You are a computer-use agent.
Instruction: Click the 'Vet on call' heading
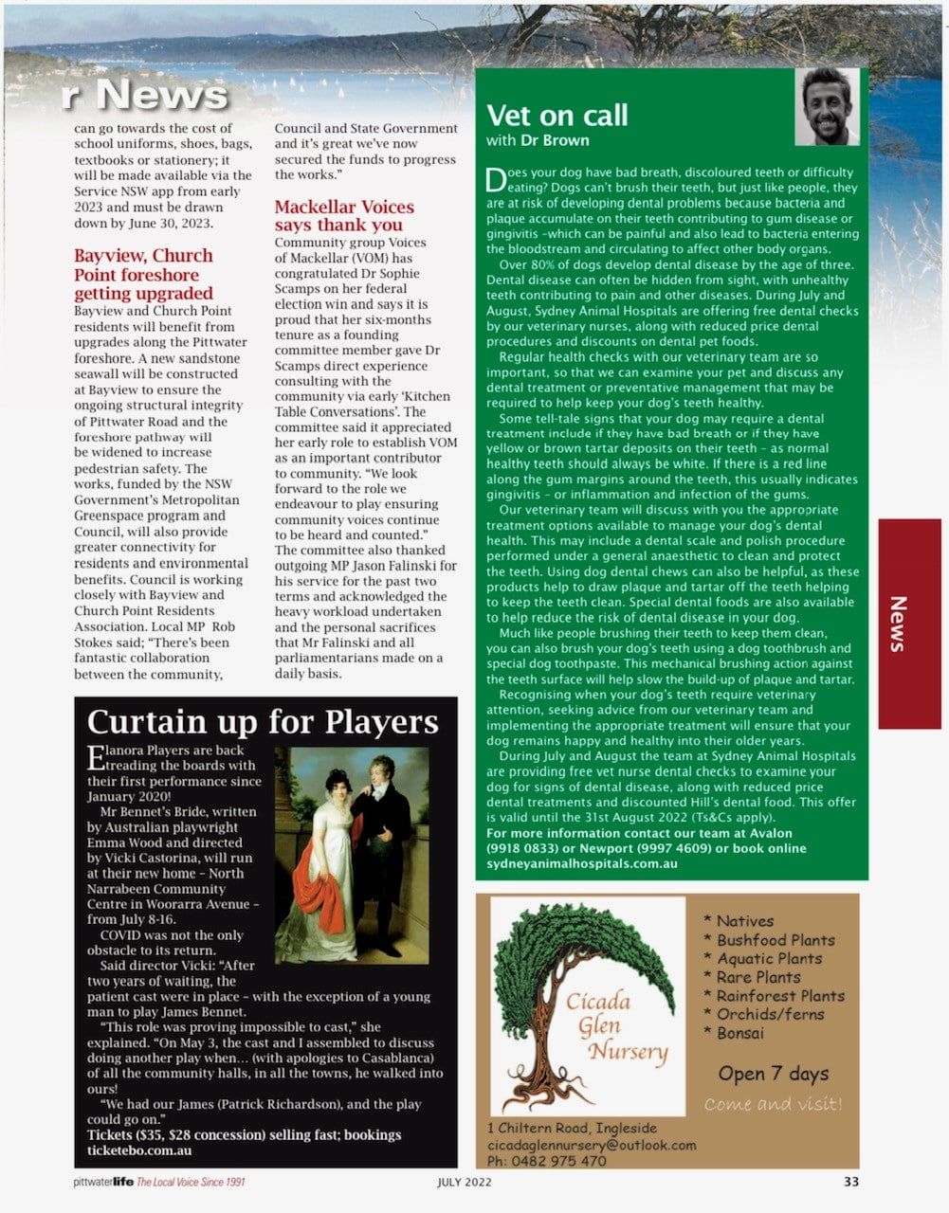coord(557,116)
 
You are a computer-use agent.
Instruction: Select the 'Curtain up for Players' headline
coord(263,722)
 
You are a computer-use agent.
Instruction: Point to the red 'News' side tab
coord(908,623)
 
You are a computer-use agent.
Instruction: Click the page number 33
coord(850,1182)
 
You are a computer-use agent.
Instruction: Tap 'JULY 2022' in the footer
coord(465,1182)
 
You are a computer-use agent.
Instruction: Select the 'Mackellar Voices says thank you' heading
coord(344,215)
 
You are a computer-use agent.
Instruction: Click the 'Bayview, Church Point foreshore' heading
coord(143,274)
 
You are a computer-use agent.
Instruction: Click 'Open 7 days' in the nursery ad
coord(773,1074)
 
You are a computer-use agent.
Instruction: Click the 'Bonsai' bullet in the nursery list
coord(739,1033)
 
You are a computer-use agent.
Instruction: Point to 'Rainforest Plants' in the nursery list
coord(779,996)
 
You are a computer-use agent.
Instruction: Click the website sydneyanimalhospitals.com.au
coord(581,863)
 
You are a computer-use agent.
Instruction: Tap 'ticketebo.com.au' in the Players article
coord(139,1150)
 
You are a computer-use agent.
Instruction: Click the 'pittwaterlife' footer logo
coord(103,1182)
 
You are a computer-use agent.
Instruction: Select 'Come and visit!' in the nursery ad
coord(773,1104)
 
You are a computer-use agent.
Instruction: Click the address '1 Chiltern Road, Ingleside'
coord(571,1128)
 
